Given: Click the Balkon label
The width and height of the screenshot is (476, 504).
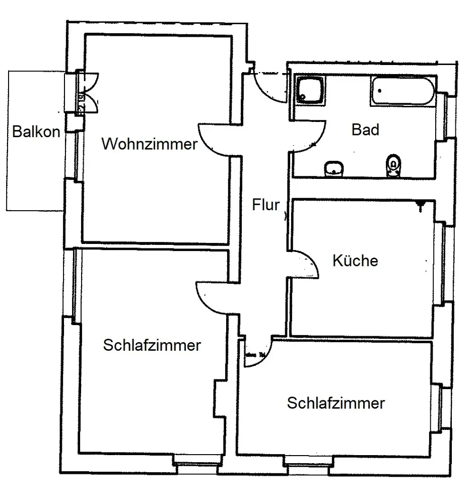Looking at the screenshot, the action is tap(36, 132).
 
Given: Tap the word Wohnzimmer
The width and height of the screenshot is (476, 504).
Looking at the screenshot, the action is tap(149, 145).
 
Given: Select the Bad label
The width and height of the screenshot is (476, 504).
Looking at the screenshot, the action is tap(365, 130).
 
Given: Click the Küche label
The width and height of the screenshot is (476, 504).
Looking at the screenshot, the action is tap(355, 261).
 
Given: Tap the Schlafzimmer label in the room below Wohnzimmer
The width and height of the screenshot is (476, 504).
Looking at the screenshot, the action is tap(152, 346).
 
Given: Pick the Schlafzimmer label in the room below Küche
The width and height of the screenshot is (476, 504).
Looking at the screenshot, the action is tap(336, 403).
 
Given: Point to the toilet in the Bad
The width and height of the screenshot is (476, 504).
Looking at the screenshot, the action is tap(393, 165).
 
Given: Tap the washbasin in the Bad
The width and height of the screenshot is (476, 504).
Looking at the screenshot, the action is tap(333, 168).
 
